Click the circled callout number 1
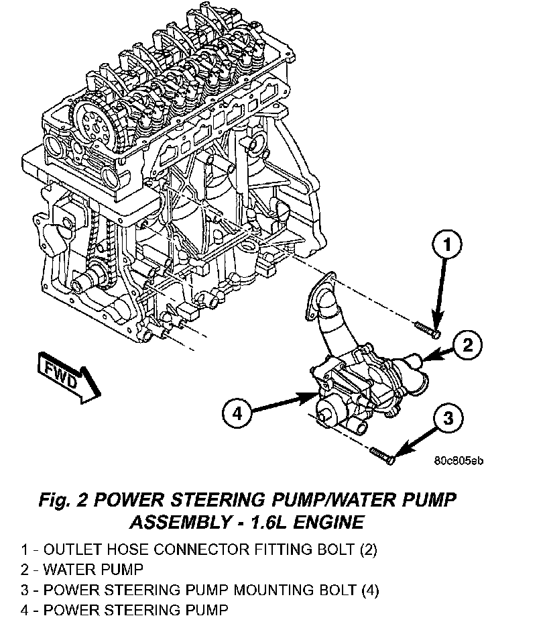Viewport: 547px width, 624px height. [448, 246]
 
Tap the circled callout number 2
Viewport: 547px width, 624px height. [468, 345]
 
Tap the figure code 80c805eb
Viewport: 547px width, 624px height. [459, 460]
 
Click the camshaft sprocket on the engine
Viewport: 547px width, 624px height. [93, 123]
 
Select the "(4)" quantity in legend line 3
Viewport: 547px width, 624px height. [369, 590]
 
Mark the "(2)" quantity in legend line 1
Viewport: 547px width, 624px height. [367, 550]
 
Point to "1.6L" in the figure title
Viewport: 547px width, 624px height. [258, 521]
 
